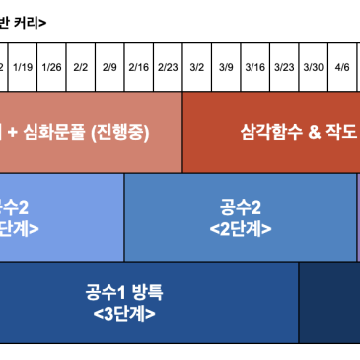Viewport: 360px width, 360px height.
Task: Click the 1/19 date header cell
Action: click(24, 67)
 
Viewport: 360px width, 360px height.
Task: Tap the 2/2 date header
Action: click(81, 67)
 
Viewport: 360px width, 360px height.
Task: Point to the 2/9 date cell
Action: click(109, 67)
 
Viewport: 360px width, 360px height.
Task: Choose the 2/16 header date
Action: click(138, 67)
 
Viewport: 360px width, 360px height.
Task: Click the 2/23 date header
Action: click(168, 67)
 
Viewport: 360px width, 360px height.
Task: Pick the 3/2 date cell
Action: click(197, 67)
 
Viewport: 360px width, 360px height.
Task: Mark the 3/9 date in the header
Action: click(226, 67)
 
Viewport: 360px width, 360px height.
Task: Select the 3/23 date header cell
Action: click(284, 67)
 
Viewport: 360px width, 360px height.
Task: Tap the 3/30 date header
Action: click(313, 67)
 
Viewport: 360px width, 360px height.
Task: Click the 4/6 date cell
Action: click(342, 67)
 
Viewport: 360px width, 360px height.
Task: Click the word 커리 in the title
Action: click(27, 22)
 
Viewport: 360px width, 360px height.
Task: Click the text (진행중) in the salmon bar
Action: click(119, 132)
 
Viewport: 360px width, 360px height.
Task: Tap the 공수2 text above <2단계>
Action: click(241, 207)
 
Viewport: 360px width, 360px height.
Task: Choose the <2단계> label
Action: click(241, 229)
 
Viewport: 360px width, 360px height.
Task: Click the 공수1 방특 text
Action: click(124, 292)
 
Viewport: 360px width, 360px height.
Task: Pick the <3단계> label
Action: click(124, 315)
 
